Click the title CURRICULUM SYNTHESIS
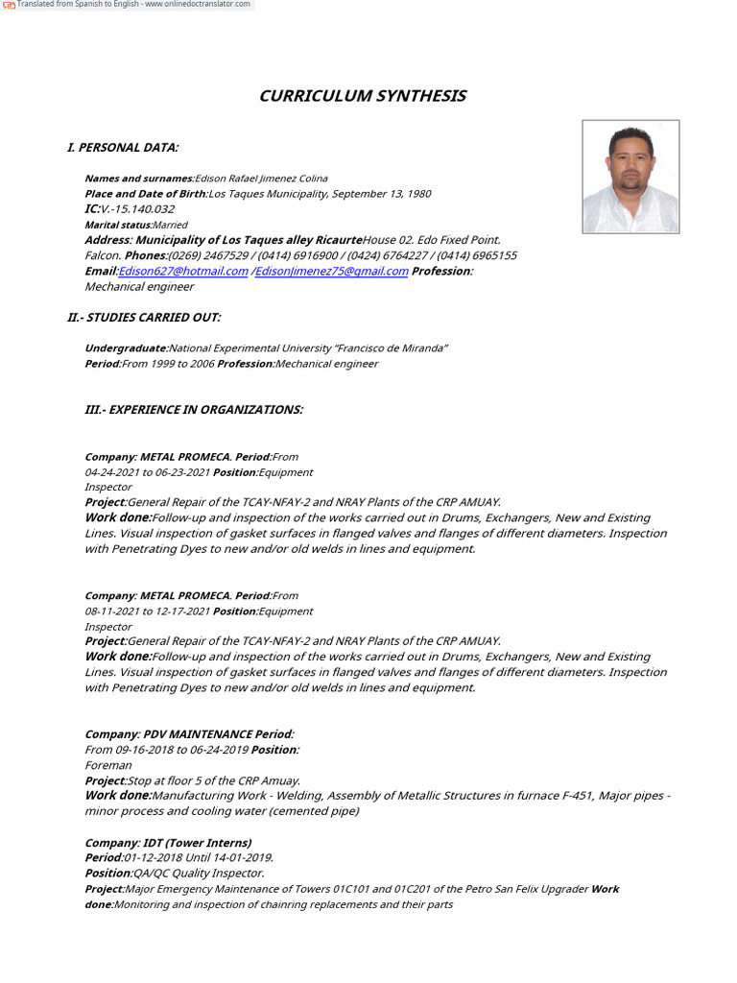click(363, 96)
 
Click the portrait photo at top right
click(630, 176)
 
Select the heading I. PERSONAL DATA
click(122, 148)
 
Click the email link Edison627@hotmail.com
click(183, 272)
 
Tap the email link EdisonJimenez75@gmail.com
click(332, 272)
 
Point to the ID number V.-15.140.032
click(138, 209)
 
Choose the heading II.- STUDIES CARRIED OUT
click(144, 318)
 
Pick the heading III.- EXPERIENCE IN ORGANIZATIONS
click(194, 410)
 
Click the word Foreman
click(108, 766)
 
